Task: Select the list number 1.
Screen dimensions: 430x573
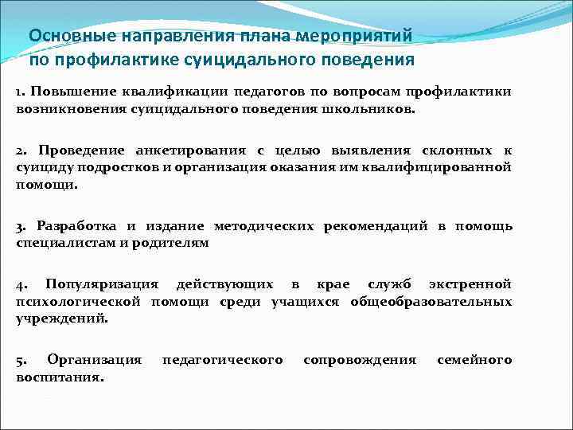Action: pos(20,92)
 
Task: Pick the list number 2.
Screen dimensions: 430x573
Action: pos(21,150)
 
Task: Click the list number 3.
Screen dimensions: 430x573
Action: pos(21,226)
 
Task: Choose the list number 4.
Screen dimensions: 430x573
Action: pos(21,284)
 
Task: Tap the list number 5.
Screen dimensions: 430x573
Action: pos(21,361)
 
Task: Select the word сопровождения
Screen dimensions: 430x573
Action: pos(360,361)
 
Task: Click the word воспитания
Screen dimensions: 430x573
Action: pos(58,377)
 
